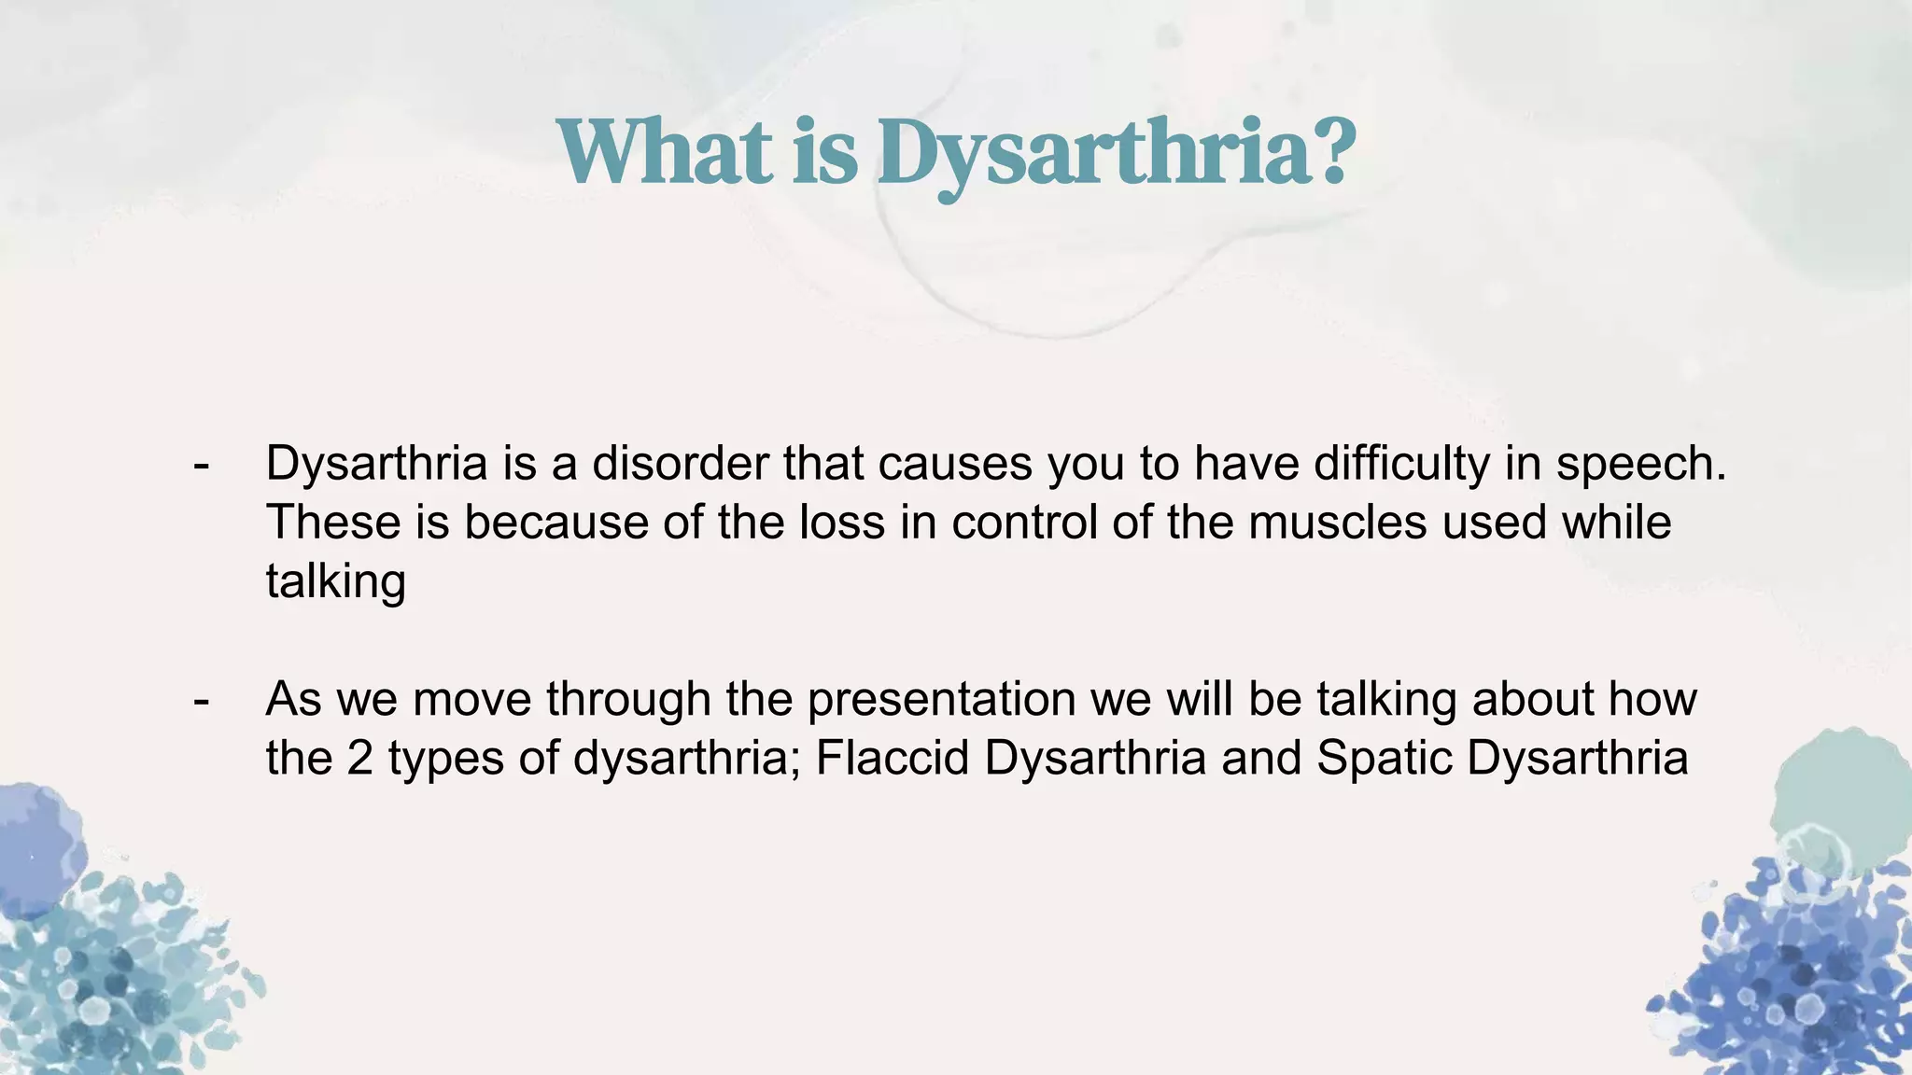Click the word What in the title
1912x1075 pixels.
tap(666, 152)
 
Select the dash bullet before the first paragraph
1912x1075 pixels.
tap(200, 464)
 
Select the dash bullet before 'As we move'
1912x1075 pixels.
tap(200, 700)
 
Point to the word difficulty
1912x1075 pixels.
tap(1401, 465)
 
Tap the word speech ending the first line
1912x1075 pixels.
tap(1639, 465)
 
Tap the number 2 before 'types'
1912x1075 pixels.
tap(359, 758)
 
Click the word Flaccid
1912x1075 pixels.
tap(893, 758)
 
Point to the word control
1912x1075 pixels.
tap(1024, 522)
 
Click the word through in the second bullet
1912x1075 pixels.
tap(628, 700)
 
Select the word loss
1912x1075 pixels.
tap(841, 522)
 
